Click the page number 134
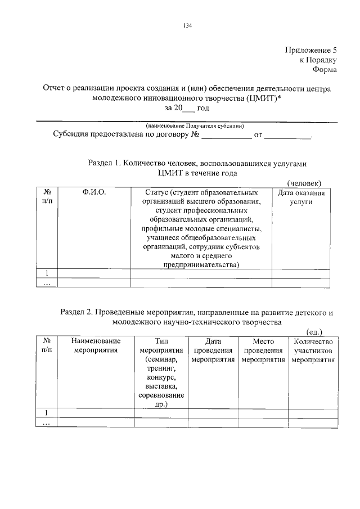click(x=188, y=25)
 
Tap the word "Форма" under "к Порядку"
click(x=325, y=70)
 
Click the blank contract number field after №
click(x=227, y=136)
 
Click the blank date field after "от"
click(x=287, y=136)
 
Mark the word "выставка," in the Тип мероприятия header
click(x=161, y=386)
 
